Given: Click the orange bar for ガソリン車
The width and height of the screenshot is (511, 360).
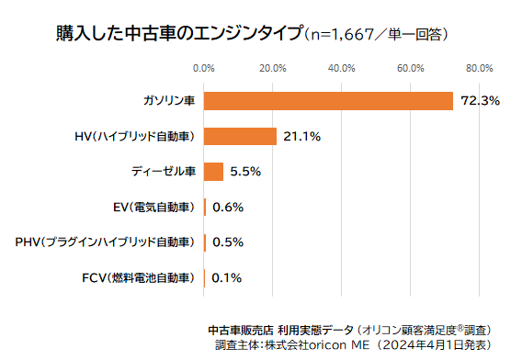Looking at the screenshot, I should pyautogui.click(x=328, y=101).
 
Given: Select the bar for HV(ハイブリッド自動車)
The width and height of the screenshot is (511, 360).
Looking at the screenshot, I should pyautogui.click(x=240, y=136).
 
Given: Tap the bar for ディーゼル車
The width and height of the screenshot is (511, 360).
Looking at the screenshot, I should pyautogui.click(x=213, y=172).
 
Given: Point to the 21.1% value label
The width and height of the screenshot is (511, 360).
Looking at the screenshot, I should pyautogui.click(x=301, y=136).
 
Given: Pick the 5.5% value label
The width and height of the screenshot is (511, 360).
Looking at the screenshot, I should pyautogui.click(x=246, y=172).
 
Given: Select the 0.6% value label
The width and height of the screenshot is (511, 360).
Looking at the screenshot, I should pyautogui.click(x=227, y=207).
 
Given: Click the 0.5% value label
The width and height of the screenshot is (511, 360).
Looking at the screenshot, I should pyautogui.click(x=227, y=242).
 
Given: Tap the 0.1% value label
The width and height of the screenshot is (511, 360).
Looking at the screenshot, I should pyautogui.click(x=227, y=277).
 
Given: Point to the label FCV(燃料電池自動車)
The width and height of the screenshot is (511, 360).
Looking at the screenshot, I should pyautogui.click(x=139, y=277).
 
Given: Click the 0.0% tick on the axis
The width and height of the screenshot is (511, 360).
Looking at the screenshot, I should pyautogui.click(x=204, y=68).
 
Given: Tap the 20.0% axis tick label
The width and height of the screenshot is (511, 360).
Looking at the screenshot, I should pyautogui.click(x=272, y=68).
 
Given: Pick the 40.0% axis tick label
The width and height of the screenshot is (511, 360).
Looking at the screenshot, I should pyautogui.click(x=341, y=68).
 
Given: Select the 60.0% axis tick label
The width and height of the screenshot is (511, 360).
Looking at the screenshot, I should pyautogui.click(x=410, y=68).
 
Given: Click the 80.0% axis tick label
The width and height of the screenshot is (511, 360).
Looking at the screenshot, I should pyautogui.click(x=478, y=68).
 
